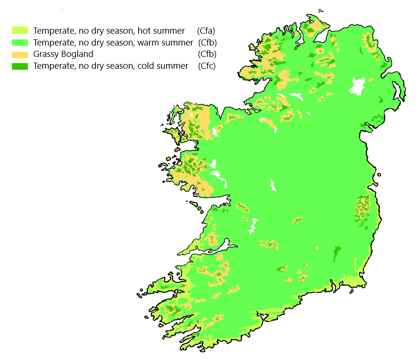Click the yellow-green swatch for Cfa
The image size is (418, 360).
(x=20, y=31)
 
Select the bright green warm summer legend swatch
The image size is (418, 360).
(x=20, y=43)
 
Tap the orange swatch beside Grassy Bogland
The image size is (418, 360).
(x=20, y=54)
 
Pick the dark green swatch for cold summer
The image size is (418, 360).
(x=20, y=66)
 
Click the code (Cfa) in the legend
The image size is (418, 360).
(x=206, y=31)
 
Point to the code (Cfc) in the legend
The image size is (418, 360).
(x=206, y=66)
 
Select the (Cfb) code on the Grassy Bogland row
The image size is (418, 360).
(x=206, y=54)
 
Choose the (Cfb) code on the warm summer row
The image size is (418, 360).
(x=207, y=43)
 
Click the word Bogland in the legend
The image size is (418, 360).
(x=77, y=54)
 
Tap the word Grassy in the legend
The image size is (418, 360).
(x=46, y=54)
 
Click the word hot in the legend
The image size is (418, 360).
(x=145, y=31)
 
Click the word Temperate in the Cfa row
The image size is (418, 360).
(x=52, y=31)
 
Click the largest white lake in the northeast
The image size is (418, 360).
(x=357, y=87)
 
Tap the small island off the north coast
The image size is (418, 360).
(x=321, y=9)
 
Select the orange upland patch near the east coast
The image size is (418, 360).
(x=363, y=209)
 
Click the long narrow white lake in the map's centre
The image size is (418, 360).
(x=273, y=184)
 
